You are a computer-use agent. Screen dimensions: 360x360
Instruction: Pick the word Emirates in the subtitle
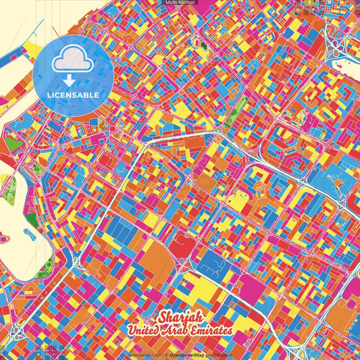click(209, 331)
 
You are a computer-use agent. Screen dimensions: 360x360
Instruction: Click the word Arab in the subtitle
click(177, 331)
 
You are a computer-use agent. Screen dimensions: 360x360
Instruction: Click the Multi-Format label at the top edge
click(179, 3)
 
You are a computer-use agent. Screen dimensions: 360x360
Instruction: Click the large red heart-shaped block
click(180, 247)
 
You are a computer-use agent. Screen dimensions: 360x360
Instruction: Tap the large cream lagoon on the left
click(17, 223)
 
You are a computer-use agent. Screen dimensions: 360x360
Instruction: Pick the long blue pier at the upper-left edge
click(20, 53)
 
